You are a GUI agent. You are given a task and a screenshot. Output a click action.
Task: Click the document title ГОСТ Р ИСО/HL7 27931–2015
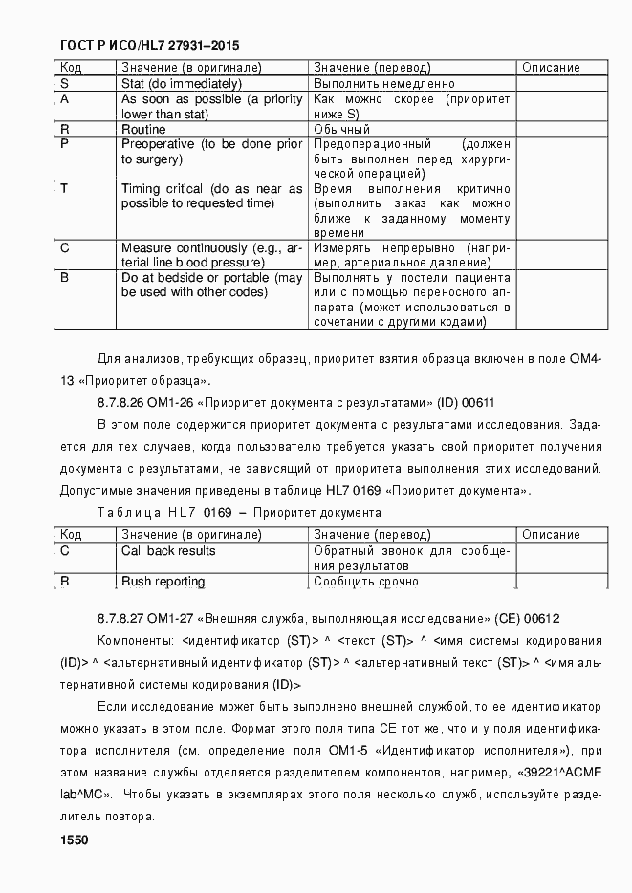click(x=149, y=45)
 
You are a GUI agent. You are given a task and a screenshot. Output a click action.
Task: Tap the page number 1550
click(x=74, y=840)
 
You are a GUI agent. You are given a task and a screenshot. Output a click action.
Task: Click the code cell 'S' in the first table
click(x=64, y=83)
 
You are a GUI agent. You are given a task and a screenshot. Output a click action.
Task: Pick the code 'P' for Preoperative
click(x=64, y=144)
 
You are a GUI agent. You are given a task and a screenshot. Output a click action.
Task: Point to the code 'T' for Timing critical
click(x=64, y=188)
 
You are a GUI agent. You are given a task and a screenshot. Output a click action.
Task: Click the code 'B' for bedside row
click(x=64, y=278)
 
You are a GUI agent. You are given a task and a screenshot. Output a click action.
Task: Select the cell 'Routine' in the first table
click(x=143, y=129)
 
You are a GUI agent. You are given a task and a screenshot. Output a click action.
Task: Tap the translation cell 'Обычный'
click(x=342, y=129)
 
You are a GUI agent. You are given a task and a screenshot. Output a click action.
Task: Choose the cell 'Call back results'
click(x=168, y=551)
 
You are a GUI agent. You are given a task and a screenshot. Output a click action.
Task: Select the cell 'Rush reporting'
click(x=163, y=582)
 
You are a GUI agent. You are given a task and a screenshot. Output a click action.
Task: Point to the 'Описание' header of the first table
click(x=551, y=68)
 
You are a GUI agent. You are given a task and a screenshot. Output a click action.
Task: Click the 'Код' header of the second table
click(x=71, y=535)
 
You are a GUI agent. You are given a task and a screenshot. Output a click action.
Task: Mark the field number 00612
click(x=542, y=619)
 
